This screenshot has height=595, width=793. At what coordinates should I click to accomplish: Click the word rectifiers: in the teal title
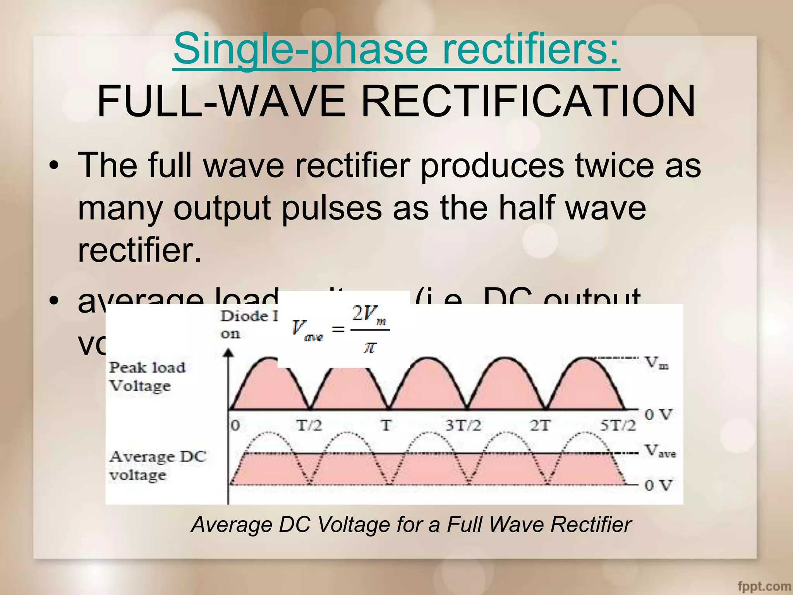point(531,50)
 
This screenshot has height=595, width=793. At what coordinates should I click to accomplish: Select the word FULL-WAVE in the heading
point(221,101)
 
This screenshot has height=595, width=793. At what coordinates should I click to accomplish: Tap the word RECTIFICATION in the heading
point(528,101)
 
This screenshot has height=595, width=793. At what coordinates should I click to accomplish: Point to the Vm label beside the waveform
point(657,363)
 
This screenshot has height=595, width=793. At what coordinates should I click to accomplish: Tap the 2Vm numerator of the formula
point(369,314)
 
